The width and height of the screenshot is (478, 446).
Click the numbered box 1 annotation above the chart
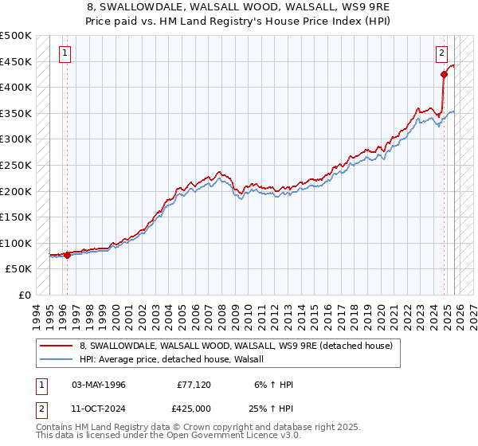pyautogui.click(x=65, y=54)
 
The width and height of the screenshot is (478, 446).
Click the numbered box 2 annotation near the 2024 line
pyautogui.click(x=441, y=54)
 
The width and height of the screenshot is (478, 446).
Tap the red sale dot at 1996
pyautogui.click(x=67, y=255)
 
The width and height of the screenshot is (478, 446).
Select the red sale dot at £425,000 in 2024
pyautogui.click(x=445, y=75)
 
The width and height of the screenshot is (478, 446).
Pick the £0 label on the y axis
pyautogui.click(x=25, y=295)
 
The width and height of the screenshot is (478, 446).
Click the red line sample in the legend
pyautogui.click(x=57, y=346)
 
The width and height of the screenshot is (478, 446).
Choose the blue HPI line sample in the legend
pyautogui.click(x=57, y=359)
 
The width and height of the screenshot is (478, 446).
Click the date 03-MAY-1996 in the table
pyautogui.click(x=99, y=385)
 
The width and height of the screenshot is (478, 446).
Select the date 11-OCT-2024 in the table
pyautogui.click(x=99, y=409)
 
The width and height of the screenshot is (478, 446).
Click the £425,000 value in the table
pyautogui.click(x=194, y=409)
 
